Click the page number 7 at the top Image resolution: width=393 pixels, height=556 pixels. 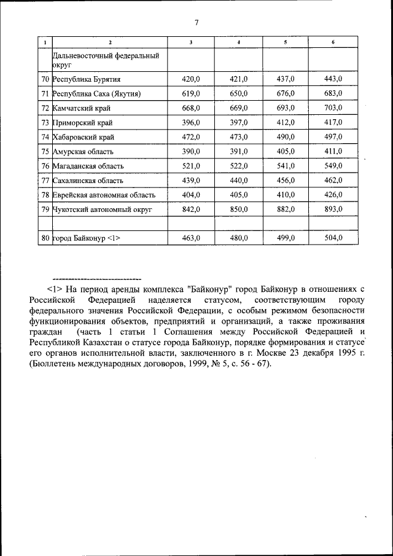pyautogui.click(x=196, y=23)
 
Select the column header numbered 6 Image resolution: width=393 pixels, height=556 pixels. pyautogui.click(x=333, y=42)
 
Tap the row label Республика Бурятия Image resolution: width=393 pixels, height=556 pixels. pyautogui.click(x=87, y=79)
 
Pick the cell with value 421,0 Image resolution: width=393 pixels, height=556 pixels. pyautogui.click(x=238, y=79)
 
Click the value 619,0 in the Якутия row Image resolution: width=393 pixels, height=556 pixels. pyautogui.click(x=191, y=93)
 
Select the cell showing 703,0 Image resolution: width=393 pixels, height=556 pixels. pyautogui.click(x=333, y=108)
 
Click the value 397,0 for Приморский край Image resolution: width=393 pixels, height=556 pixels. pyautogui.click(x=238, y=122)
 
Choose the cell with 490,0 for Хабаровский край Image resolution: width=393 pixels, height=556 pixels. pyautogui.click(x=286, y=137)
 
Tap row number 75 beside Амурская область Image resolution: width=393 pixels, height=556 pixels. pyautogui.click(x=45, y=152)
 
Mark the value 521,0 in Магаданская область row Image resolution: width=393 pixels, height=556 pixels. pyautogui.click(x=191, y=166)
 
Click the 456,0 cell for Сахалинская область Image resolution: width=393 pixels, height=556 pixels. pyautogui.click(x=286, y=181)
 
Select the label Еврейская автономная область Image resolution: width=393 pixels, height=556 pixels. pyautogui.click(x=104, y=195)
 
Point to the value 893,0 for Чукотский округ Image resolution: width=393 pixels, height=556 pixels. pyautogui.click(x=333, y=209)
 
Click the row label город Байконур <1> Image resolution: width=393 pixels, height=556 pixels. pyautogui.click(x=86, y=239)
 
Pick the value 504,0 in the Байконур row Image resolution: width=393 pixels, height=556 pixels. pyautogui.click(x=333, y=239)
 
